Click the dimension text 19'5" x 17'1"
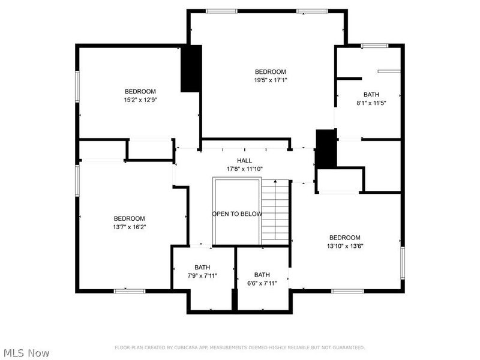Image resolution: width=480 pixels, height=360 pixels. click(x=270, y=80)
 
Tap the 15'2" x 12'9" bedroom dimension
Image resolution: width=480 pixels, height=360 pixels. click(x=140, y=100)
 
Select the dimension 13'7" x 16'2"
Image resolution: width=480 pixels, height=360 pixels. click(x=130, y=227)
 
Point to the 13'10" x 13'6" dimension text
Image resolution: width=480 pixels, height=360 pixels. click(x=344, y=246)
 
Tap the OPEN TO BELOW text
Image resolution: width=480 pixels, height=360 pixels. click(x=236, y=214)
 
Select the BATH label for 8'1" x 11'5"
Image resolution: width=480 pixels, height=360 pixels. click(x=371, y=95)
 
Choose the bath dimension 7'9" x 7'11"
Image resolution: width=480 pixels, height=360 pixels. click(x=202, y=275)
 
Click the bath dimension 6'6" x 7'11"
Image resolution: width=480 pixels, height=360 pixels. click(x=262, y=283)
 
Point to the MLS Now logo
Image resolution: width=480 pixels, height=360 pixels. click(x=26, y=353)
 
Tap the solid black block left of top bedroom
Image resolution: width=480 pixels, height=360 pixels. click(x=191, y=68)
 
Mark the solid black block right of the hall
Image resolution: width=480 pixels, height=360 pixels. click(x=325, y=149)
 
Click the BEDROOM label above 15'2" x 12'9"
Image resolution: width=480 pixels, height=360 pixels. click(x=140, y=91)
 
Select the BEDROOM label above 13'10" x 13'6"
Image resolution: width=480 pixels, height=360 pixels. click(x=344, y=238)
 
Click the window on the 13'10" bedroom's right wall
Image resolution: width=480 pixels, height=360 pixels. click(x=403, y=260)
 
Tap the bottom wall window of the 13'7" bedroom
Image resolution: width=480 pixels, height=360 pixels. click(x=130, y=291)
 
